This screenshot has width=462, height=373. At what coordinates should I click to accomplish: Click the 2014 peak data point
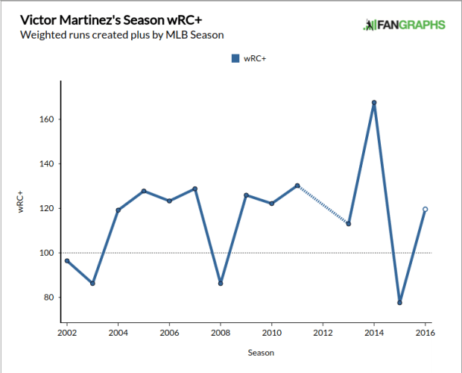pyautogui.click(x=374, y=102)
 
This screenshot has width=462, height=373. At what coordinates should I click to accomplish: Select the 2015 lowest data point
pyautogui.click(x=400, y=302)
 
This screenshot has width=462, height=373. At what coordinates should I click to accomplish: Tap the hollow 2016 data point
pyautogui.click(x=425, y=209)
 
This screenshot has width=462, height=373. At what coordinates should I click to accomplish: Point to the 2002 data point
pyautogui.click(x=67, y=261)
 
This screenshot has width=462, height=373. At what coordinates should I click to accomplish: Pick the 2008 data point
pyautogui.click(x=221, y=283)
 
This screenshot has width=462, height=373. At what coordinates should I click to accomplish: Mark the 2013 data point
pyautogui.click(x=349, y=224)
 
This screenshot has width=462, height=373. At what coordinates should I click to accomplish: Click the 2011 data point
pyautogui.click(x=297, y=186)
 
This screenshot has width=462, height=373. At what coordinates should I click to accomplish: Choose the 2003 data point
pyautogui.click(x=92, y=283)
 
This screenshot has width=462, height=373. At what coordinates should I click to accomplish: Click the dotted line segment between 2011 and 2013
pyautogui.click(x=323, y=204)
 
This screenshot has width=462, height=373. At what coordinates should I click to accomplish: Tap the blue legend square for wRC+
pyautogui.click(x=235, y=58)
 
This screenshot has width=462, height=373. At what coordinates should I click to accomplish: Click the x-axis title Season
pyautogui.click(x=246, y=352)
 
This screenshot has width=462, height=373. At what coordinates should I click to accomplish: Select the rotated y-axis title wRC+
pyautogui.click(x=23, y=203)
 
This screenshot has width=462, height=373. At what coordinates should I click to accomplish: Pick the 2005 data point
pyautogui.click(x=144, y=191)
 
